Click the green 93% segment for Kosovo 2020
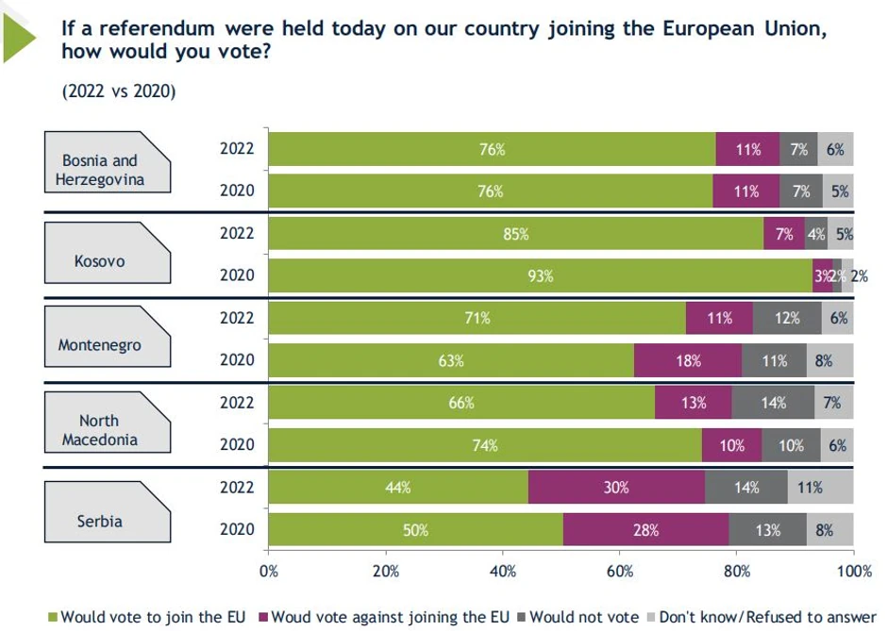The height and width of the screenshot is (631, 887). pos(540,275)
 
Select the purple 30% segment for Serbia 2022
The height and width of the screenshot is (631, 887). pos(616,488)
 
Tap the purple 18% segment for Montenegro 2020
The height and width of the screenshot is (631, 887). pos(688,360)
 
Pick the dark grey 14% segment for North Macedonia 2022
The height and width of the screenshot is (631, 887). pos(773,403)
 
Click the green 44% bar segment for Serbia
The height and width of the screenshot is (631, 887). pos(398,488)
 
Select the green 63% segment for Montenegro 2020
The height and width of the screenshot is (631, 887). pos(451,360)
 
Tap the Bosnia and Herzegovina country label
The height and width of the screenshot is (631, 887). pos(99,170)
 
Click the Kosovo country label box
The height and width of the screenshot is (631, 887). pos(99,260)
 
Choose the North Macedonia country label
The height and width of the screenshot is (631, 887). pos(99,430)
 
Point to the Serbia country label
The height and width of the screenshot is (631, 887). pos(99,520)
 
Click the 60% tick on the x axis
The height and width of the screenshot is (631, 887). pos(620,571)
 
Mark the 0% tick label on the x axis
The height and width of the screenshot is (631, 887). pos(269,571)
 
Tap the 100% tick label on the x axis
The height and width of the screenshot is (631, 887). pos(853,571)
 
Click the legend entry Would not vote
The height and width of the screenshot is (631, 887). pos(583,617)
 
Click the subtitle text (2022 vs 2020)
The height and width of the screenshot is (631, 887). pos(119,91)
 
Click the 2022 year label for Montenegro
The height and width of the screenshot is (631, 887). pos(237,318)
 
